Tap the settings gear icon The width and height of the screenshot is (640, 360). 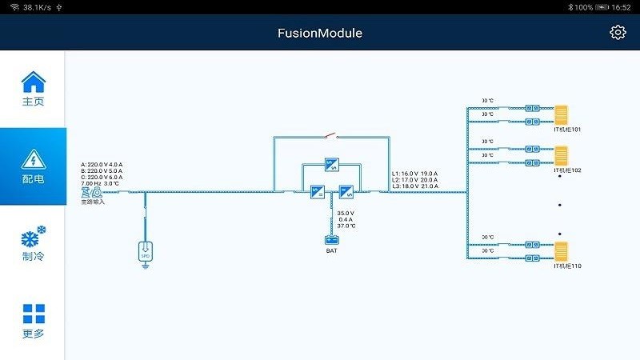click(618, 32)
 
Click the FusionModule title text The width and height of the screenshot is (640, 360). click(320, 33)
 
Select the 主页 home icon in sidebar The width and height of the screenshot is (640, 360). click(33, 82)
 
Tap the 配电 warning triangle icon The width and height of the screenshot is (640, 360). click(33, 158)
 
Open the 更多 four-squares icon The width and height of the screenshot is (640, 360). click(34, 314)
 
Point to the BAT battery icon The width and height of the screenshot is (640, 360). click(331, 240)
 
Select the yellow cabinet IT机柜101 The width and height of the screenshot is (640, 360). click(561, 114)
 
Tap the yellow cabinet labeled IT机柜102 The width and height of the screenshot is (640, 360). click(561, 154)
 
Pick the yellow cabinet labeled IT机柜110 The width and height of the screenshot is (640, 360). click(561, 250)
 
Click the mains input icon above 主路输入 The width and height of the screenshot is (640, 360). click(86, 192)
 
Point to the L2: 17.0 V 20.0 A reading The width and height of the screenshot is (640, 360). click(415, 180)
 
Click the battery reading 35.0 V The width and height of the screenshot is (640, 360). click(346, 213)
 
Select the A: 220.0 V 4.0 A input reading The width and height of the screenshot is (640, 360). click(102, 164)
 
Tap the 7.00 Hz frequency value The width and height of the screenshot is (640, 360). click(90, 183)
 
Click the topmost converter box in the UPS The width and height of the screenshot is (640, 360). click(331, 165)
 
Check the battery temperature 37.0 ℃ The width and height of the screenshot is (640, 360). click(346, 226)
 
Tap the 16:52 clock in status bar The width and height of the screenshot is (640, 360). click(621, 6)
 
